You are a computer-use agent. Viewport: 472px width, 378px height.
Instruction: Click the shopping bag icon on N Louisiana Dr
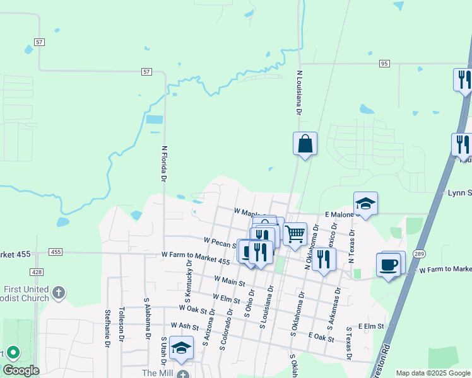tap(305, 144)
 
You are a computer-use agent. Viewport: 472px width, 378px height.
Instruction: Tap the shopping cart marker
tap(295, 234)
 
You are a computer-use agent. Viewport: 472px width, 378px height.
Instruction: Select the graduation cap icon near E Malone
tap(365, 203)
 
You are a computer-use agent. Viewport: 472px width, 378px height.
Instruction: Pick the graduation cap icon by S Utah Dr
tap(181, 348)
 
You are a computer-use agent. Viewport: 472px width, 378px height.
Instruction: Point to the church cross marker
tap(58, 292)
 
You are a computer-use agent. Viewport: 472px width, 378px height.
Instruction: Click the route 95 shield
tap(384, 64)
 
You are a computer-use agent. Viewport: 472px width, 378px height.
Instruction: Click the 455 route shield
tap(56, 252)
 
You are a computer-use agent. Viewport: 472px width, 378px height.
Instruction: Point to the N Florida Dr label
tap(163, 164)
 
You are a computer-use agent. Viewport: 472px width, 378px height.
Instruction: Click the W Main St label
tap(229, 281)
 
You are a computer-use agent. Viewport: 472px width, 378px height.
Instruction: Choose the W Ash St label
tap(184, 328)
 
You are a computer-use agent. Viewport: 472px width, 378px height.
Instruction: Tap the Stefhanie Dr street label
tap(108, 328)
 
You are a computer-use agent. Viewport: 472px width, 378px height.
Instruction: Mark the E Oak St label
tap(321, 338)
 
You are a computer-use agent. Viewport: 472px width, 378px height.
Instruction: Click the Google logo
tap(21, 370)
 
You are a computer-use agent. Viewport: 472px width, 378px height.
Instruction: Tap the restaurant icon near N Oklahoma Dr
tap(324, 259)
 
